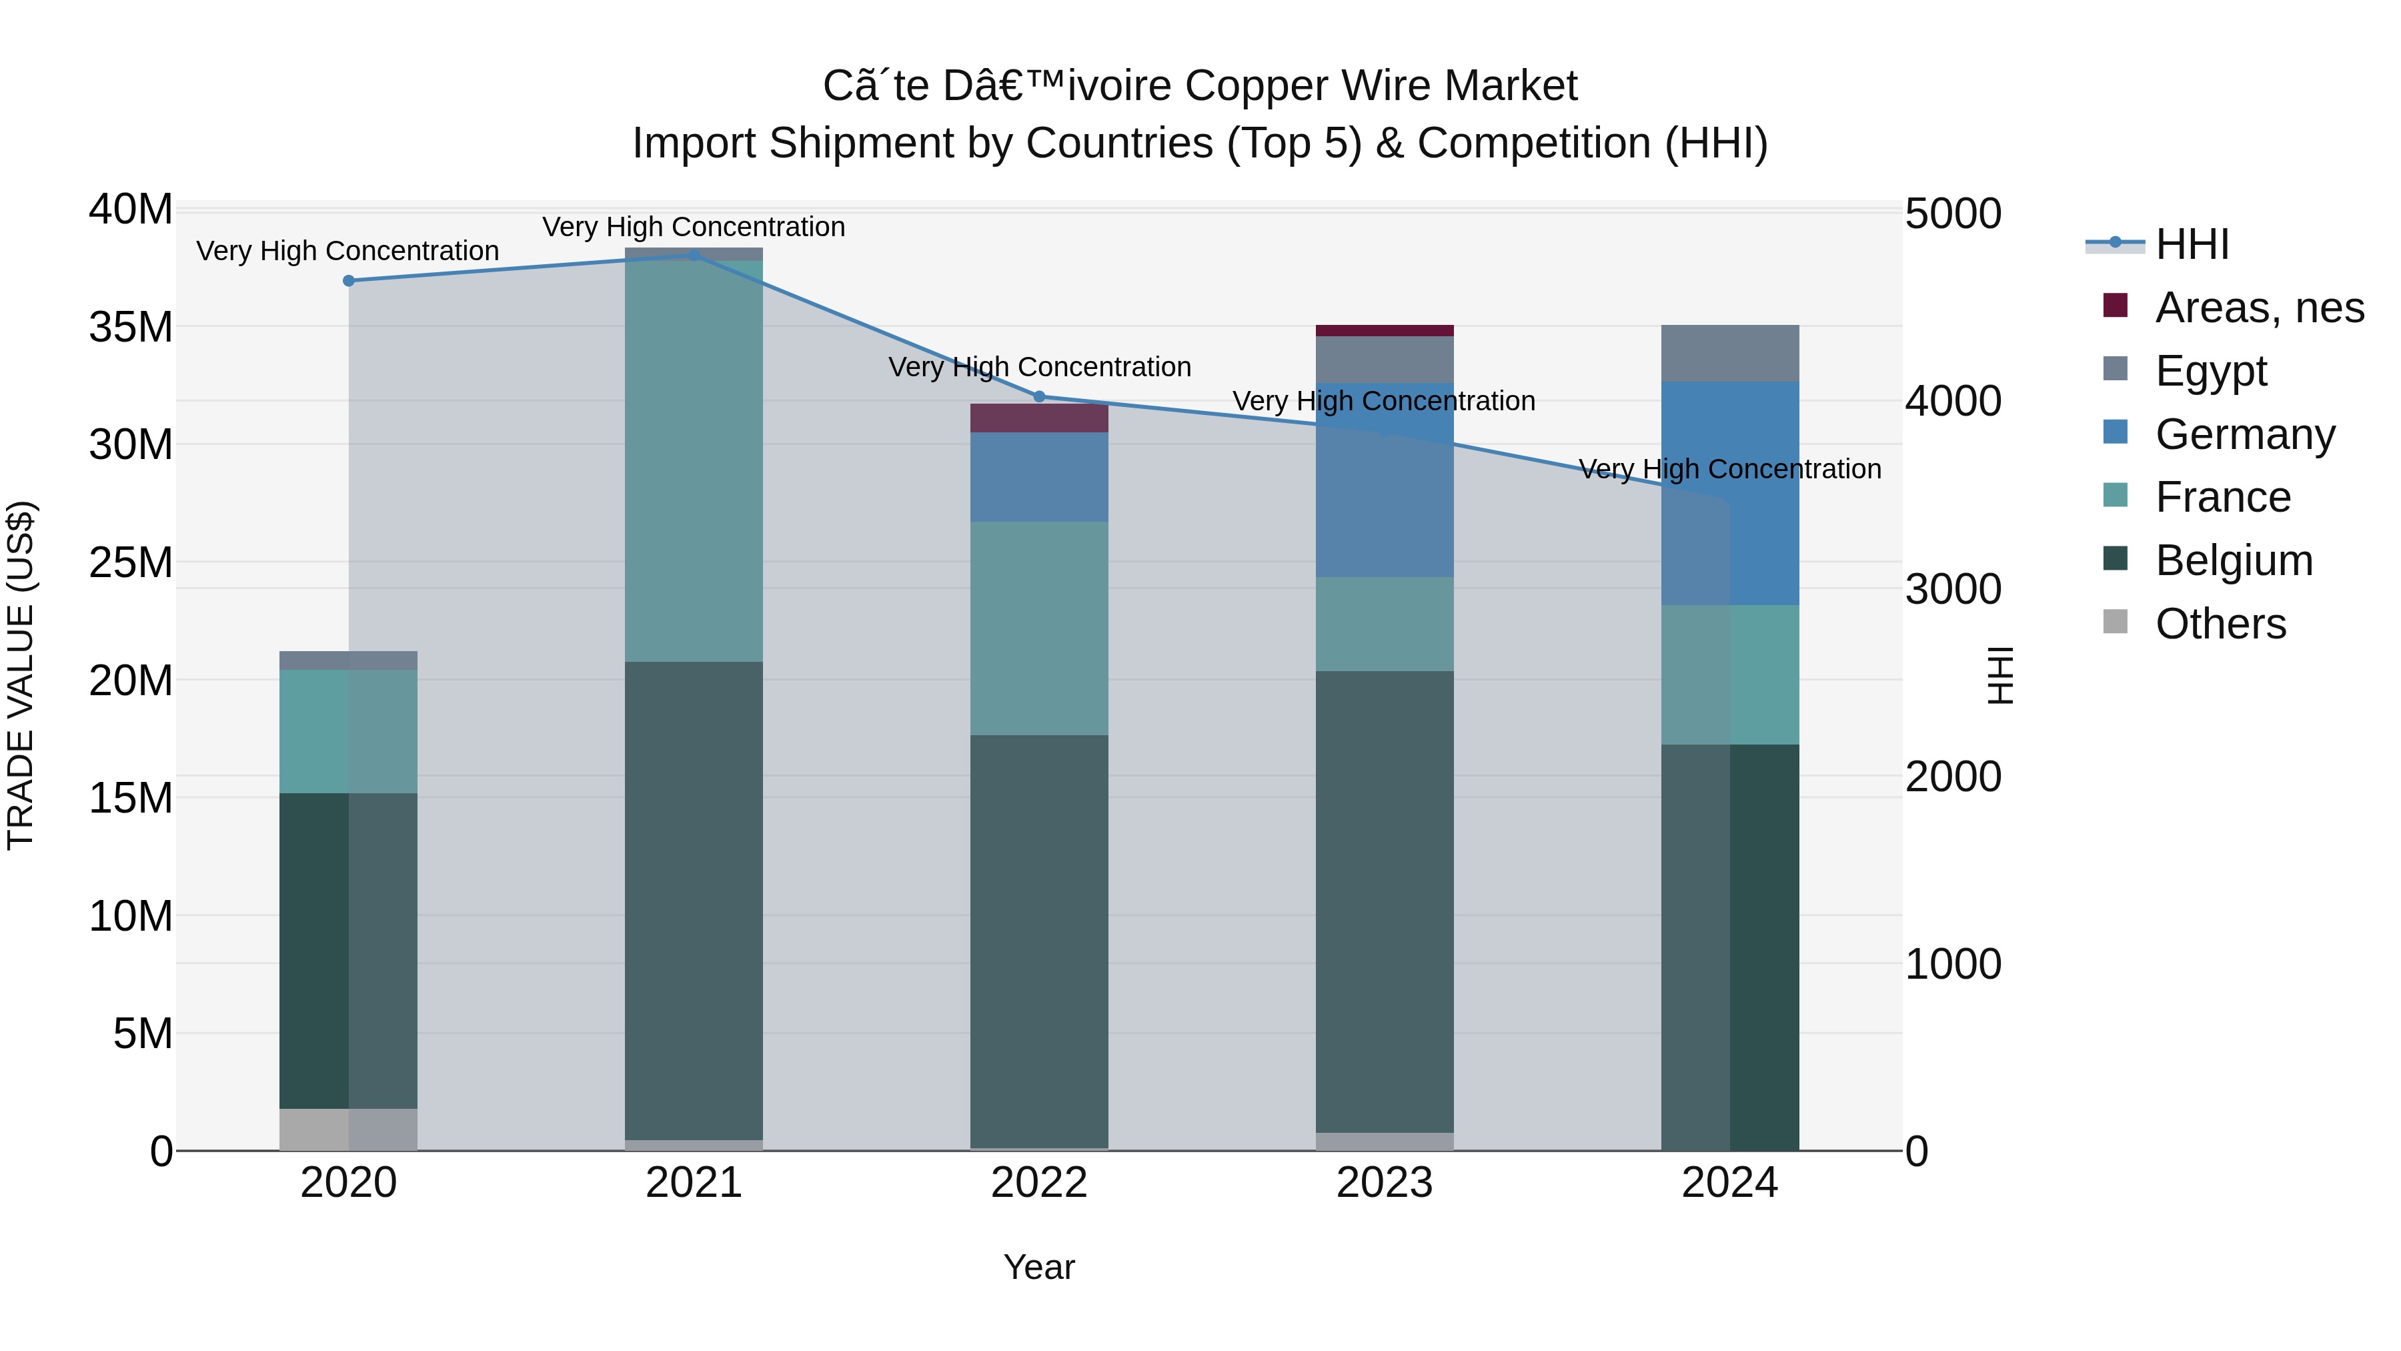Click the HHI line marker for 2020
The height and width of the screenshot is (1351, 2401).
tap(349, 281)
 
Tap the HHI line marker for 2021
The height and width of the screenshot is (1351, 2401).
tap(694, 256)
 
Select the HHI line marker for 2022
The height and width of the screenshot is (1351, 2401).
tap(1039, 396)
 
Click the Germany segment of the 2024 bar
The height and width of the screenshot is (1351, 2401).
tap(1730, 493)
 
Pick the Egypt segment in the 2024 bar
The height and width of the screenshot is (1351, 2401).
tap(1730, 354)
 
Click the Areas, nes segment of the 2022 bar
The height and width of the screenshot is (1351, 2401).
tap(1039, 418)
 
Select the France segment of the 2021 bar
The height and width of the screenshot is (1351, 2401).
tap(694, 462)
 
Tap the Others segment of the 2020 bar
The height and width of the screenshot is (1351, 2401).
tap(349, 1129)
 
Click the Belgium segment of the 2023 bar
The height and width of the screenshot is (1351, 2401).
tap(1384, 901)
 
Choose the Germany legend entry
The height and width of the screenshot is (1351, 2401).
tap(2244, 434)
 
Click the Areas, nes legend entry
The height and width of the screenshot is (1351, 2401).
tap(2258, 308)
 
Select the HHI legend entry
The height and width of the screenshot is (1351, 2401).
tap(2190, 244)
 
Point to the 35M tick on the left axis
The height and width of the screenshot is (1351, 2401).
tap(131, 328)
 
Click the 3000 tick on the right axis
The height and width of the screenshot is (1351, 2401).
tap(1953, 589)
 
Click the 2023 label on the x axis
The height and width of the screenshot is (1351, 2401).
tap(1384, 1183)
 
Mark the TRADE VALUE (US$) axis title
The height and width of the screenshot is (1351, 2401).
tap(21, 675)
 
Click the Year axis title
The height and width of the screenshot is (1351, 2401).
tap(1039, 1267)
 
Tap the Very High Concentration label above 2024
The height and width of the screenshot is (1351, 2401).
tap(1730, 469)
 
